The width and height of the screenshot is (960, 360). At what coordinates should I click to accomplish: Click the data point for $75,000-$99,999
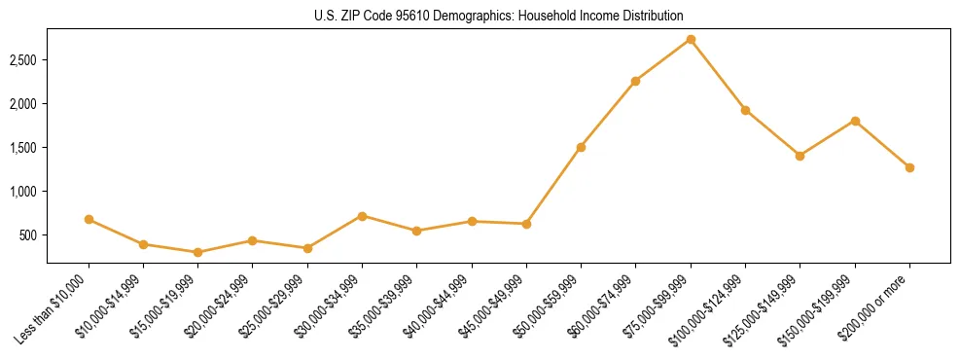[x=691, y=40]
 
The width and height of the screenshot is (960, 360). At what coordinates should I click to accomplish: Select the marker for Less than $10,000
[x=89, y=220]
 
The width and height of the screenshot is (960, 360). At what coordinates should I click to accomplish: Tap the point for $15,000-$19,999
[x=198, y=253]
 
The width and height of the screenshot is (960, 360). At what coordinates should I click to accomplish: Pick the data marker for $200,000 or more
[x=909, y=167]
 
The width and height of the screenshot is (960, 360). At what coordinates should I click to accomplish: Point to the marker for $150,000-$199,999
[x=855, y=121]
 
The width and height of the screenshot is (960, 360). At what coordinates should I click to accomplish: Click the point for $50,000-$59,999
[x=581, y=147]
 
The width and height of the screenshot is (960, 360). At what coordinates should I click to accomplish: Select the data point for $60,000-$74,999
[x=635, y=81]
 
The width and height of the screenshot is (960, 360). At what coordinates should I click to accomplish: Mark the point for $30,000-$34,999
[x=362, y=216]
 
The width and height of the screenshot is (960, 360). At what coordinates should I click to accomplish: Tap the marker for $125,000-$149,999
[x=800, y=156]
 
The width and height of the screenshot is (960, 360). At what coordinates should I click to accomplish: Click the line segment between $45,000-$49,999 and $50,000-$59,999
[x=553, y=186]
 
